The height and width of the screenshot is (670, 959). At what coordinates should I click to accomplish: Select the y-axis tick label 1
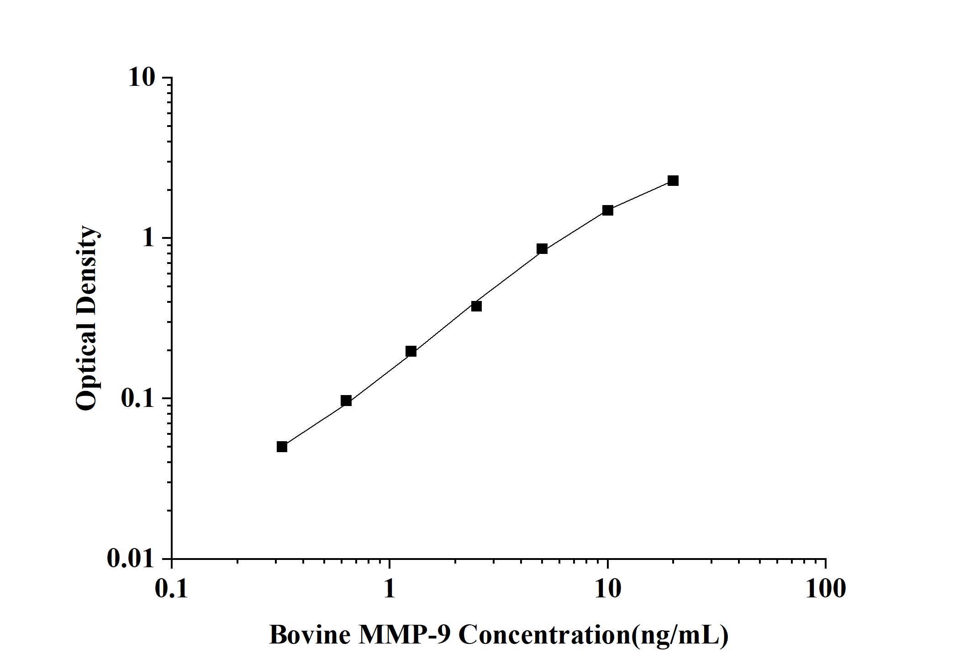coord(149,238)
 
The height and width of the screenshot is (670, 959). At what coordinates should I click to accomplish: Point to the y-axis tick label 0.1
coord(137,398)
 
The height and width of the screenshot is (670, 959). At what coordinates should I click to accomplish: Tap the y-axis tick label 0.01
coord(131,558)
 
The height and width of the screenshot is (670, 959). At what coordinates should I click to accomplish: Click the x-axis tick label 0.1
coord(172,589)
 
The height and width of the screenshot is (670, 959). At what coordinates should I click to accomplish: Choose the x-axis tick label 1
coord(389,589)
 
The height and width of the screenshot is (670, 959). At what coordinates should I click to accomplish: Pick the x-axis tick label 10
coord(607,589)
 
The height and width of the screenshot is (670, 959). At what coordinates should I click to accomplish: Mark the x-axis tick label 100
coord(825,589)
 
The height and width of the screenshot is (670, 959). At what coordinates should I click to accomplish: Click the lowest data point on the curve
coord(282,446)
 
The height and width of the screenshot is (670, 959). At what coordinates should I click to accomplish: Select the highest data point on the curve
coord(673,180)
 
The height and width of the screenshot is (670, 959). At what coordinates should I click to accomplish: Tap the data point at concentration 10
coord(607,210)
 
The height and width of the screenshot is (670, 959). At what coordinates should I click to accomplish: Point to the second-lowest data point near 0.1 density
coord(346,401)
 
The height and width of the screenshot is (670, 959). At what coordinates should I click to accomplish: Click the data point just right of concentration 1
coord(411,351)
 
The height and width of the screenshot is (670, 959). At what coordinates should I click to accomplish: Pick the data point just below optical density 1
coord(542,248)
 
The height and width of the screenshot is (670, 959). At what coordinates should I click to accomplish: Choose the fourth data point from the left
coord(476,306)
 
